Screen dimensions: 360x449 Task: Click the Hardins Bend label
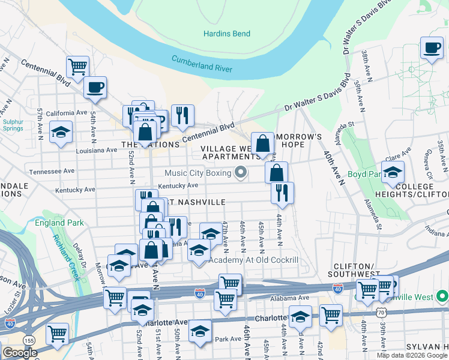[226, 34]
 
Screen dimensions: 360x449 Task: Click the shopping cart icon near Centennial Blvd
[77, 67]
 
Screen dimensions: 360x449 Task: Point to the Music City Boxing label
[198, 173]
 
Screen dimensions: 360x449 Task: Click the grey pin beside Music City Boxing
[241, 173]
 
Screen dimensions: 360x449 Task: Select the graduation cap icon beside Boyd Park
[393, 172]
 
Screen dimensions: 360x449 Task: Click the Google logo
[19, 353]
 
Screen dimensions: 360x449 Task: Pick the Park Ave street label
[228, 340]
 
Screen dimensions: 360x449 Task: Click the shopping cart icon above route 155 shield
[57, 332]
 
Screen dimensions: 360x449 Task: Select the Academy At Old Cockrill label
[253, 260]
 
